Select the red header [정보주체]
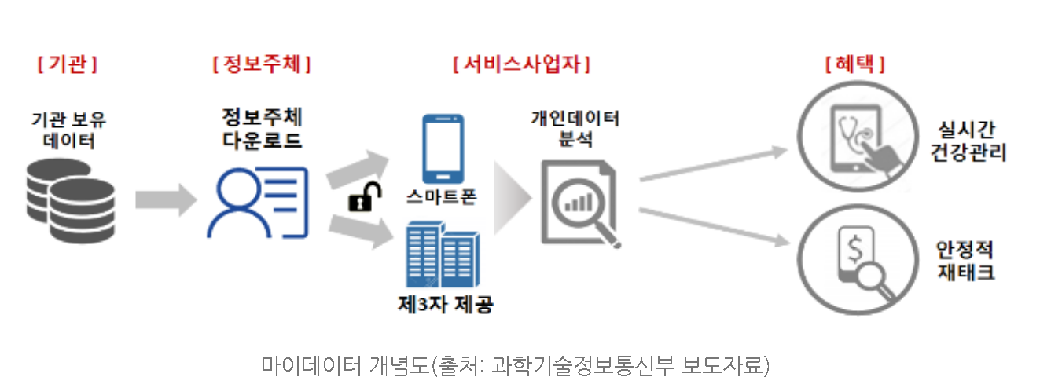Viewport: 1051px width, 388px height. (x=262, y=64)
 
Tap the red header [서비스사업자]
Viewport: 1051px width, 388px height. (x=522, y=64)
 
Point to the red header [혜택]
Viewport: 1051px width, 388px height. (x=854, y=64)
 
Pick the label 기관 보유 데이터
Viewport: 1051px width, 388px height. (x=68, y=130)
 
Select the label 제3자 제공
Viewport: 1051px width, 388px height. (x=445, y=304)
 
